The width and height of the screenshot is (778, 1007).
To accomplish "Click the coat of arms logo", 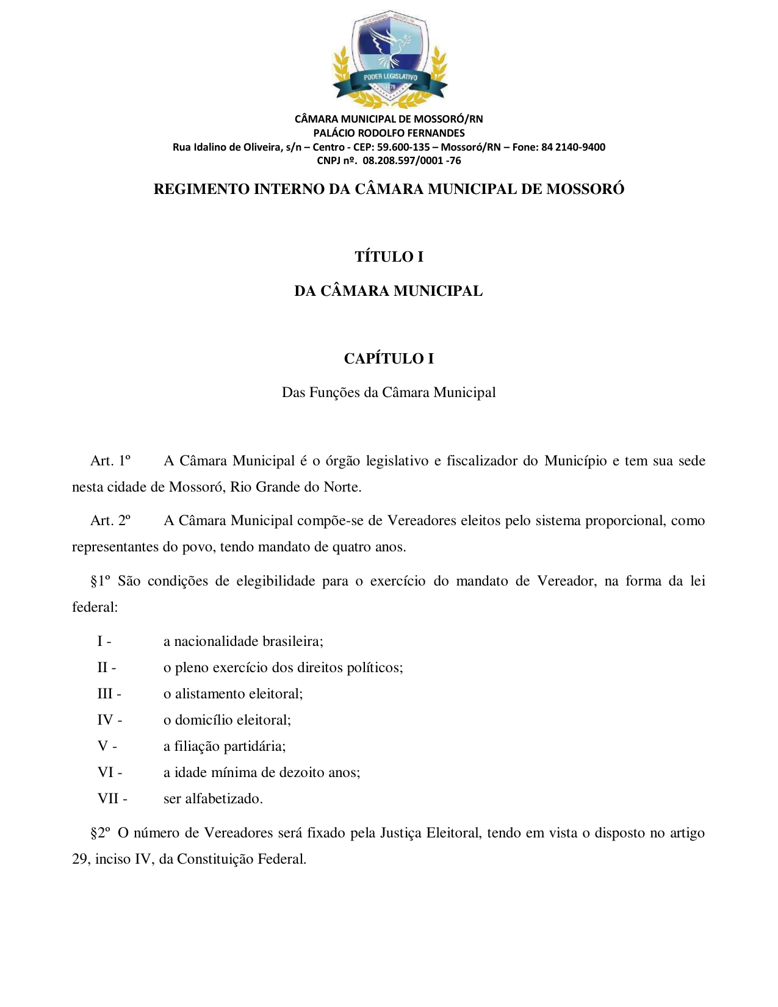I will click(389, 59).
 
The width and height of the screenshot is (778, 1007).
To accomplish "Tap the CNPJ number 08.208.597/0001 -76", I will click(411, 161).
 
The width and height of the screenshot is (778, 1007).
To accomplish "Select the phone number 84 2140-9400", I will click(573, 147).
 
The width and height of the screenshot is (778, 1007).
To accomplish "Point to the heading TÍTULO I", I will click(389, 257).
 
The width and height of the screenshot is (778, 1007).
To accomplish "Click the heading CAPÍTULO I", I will click(389, 359).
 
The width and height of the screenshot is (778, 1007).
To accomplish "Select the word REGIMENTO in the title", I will click(201, 189).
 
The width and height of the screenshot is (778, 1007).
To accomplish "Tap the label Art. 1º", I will click(110, 460).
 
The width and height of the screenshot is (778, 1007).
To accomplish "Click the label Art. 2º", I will click(110, 520).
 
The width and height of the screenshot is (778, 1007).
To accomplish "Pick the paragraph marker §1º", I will click(101, 581).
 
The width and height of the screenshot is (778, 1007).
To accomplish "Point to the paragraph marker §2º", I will click(101, 833).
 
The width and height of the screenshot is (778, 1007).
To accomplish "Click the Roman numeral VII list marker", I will click(110, 798).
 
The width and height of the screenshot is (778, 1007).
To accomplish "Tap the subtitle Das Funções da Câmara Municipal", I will click(389, 392).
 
